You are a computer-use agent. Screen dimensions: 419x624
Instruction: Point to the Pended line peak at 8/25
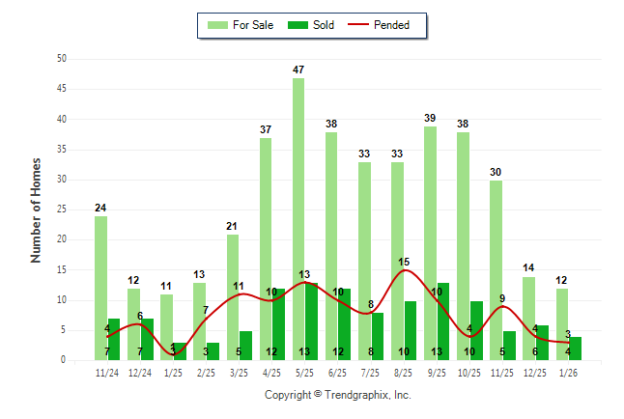tap(404, 270)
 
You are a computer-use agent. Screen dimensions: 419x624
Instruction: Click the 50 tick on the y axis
tap(62, 59)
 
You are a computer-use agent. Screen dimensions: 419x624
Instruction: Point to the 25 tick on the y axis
tap(62, 209)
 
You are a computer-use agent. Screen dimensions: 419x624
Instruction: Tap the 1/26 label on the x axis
tap(569, 373)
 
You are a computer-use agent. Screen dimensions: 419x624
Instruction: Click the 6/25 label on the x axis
tap(338, 373)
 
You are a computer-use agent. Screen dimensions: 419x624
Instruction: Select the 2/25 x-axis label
tap(206, 373)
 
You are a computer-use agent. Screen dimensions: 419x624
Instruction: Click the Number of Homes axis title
tap(37, 209)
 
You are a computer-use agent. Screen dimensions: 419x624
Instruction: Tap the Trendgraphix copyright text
tap(338, 395)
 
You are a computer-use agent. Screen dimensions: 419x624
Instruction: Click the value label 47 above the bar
tap(298, 70)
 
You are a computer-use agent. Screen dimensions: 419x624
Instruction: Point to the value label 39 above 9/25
tap(430, 118)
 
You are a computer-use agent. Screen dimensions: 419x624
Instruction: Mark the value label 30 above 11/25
tap(496, 172)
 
